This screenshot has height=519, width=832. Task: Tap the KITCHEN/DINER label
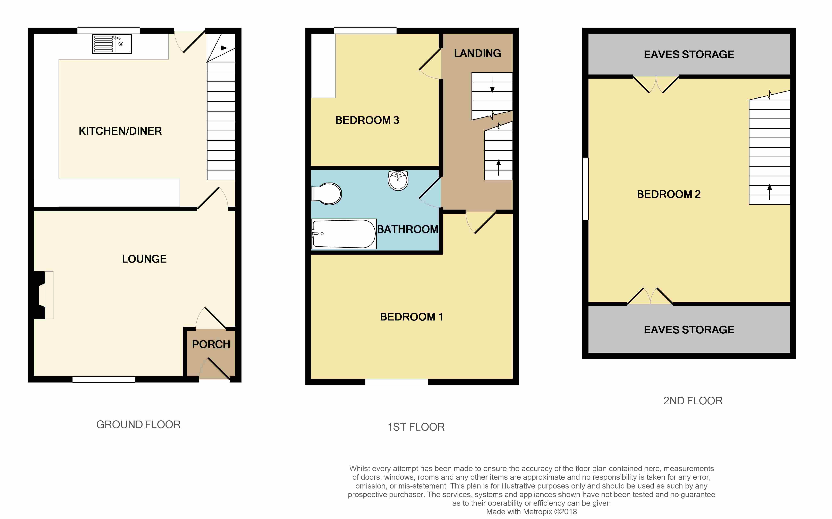(120, 131)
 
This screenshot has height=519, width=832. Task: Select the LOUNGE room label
(144, 259)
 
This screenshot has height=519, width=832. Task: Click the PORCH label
(211, 344)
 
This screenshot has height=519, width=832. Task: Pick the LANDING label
(477, 54)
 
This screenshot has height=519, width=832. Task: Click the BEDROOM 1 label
(411, 317)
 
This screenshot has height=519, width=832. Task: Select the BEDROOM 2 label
(669, 194)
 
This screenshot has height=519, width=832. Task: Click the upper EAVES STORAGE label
(689, 55)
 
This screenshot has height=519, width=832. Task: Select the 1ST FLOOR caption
(416, 427)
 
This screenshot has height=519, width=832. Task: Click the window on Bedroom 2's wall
(585, 188)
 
